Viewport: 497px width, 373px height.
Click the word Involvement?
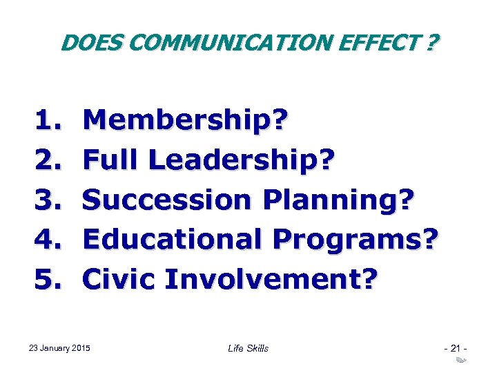coord(270,279)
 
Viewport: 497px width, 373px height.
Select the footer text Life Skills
coord(248,348)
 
